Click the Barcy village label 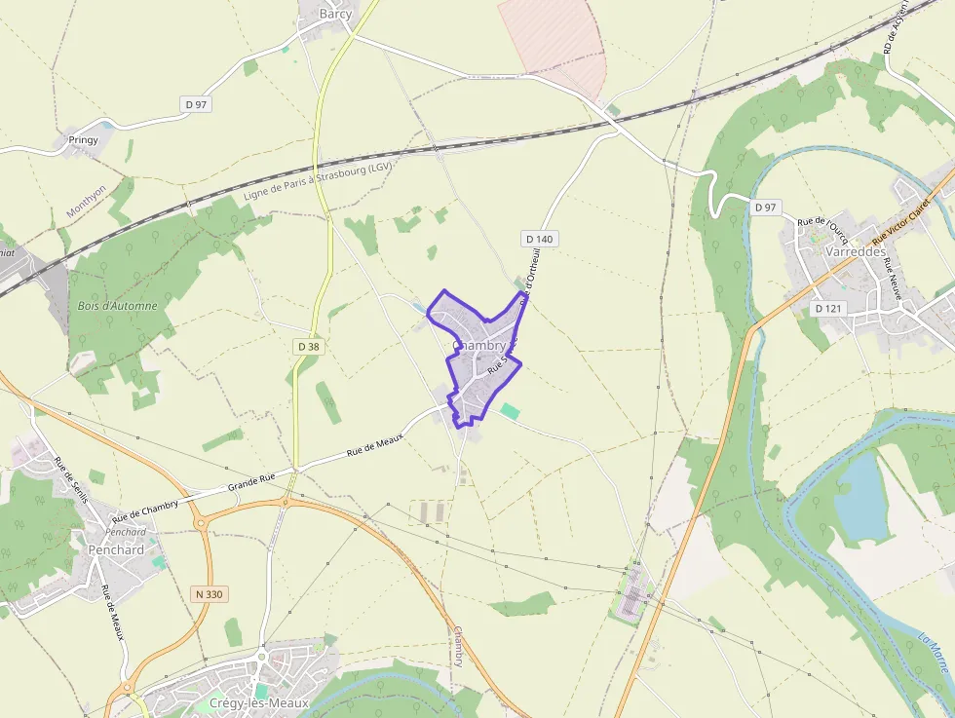tap(335, 14)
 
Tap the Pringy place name tap(84, 140)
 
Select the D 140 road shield tap(538, 238)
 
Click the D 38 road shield tap(308, 346)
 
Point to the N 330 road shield tap(209, 594)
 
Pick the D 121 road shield tap(826, 308)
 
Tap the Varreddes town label tap(854, 251)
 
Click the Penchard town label tap(116, 549)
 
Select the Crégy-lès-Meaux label tap(259, 702)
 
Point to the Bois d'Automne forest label tap(117, 306)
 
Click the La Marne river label tap(935, 652)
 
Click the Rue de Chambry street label tap(145, 510)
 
